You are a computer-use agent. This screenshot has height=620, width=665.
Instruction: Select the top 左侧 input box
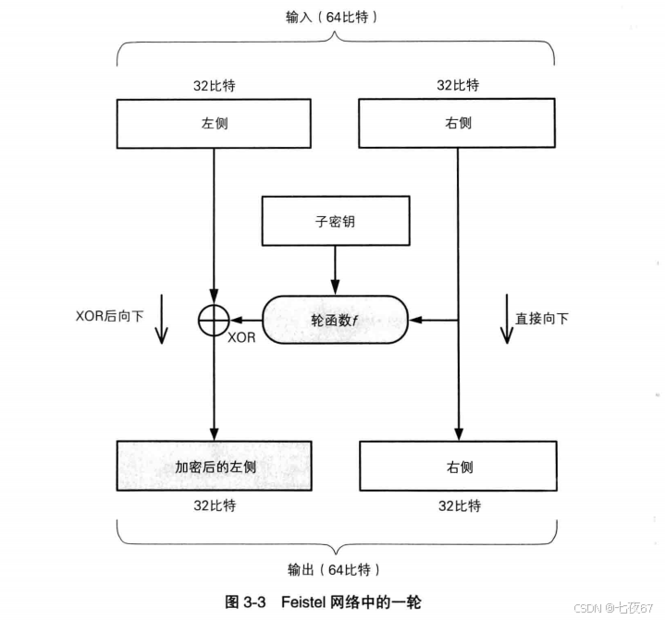pyautogui.click(x=214, y=123)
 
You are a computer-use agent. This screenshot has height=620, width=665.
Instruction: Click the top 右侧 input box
pyautogui.click(x=457, y=123)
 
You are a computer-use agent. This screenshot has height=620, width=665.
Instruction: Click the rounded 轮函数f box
pyautogui.click(x=337, y=320)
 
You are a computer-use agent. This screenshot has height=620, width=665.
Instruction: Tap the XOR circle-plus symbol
pyautogui.click(x=214, y=320)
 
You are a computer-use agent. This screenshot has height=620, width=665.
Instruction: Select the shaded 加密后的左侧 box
pyautogui.click(x=215, y=467)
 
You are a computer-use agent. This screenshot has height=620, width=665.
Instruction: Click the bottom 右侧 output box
pyautogui.click(x=458, y=467)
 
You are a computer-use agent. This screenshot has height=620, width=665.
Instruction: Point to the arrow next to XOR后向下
pyautogui.click(x=161, y=320)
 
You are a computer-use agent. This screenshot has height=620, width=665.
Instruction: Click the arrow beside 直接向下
pyautogui.click(x=505, y=320)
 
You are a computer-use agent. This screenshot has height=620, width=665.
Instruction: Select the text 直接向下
pyautogui.click(x=543, y=319)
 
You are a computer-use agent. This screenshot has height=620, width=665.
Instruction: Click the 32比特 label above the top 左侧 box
pyautogui.click(x=215, y=85)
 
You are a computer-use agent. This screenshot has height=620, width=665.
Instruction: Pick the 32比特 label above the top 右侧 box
pyautogui.click(x=458, y=85)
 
